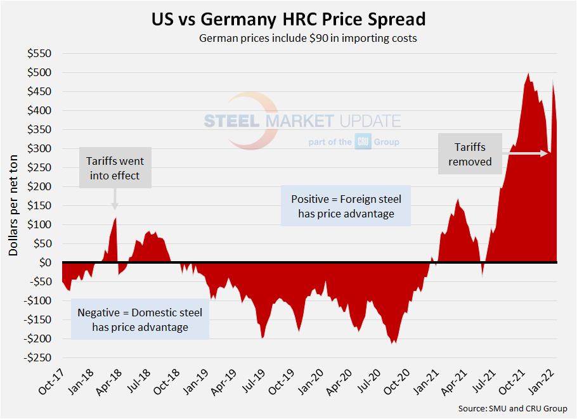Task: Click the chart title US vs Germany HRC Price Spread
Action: [x=288, y=19]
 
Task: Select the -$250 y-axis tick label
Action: [x=40, y=358]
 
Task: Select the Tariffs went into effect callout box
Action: [x=115, y=168]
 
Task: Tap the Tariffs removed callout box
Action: [x=470, y=154]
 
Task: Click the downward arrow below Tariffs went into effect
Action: [x=115, y=202]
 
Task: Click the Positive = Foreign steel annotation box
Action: [x=346, y=206]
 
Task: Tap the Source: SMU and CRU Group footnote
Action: [x=512, y=408]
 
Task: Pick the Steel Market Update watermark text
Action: [x=302, y=121]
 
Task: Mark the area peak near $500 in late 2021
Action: [x=528, y=74]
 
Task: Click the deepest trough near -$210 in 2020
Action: [x=394, y=342]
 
